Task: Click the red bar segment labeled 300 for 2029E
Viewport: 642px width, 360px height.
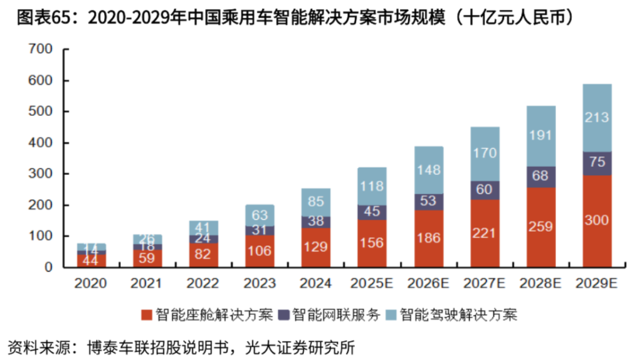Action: click(597, 221)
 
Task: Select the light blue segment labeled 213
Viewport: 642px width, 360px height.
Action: click(597, 118)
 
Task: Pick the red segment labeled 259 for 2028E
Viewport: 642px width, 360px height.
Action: click(540, 227)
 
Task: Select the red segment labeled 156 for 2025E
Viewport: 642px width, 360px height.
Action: click(372, 243)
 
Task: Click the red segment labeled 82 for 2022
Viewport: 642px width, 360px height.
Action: click(203, 255)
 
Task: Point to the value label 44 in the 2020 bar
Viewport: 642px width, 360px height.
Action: click(90, 260)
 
